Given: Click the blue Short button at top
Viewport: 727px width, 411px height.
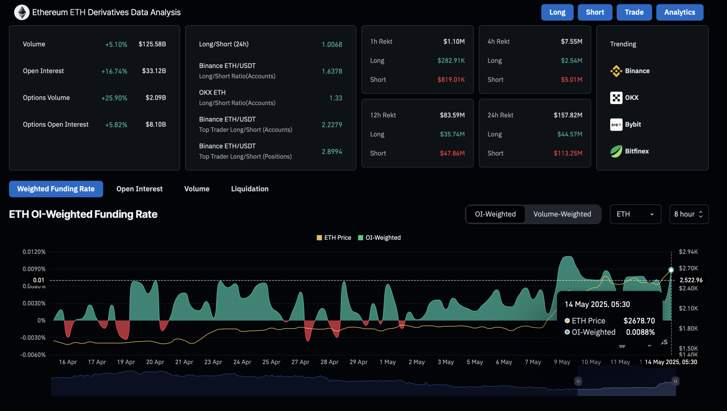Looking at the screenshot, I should point(595,12).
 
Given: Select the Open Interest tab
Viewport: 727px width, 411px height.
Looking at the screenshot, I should point(139,189).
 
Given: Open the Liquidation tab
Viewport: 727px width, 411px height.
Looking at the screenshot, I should point(250,189).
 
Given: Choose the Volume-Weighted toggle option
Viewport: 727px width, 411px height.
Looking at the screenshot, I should point(562,214).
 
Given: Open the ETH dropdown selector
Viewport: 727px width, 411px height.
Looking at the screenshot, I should point(635,214).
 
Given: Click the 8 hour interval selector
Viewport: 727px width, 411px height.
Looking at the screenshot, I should point(688,214).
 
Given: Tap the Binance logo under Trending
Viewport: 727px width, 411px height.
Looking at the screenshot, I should point(616,71).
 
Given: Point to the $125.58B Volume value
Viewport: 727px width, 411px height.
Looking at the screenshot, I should point(152,44).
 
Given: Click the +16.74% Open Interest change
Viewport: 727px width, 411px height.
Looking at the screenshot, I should point(114,71).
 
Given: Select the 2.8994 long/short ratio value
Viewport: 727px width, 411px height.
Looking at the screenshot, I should point(332,152).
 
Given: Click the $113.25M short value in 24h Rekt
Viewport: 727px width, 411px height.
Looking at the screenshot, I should point(568,153).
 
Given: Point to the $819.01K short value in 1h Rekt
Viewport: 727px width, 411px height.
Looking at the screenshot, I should point(451,80).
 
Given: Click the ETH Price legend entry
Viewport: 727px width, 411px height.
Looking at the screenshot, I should point(334,238).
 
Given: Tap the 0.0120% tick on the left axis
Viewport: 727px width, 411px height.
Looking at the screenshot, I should point(34,252).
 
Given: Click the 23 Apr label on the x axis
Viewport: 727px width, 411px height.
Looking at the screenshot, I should point(213,362).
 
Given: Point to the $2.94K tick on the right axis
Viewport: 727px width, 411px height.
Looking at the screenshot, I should point(688,252).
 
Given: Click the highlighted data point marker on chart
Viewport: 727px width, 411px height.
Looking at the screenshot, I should point(671,270).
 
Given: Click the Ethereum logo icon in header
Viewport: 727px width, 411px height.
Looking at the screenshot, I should point(22,12).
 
